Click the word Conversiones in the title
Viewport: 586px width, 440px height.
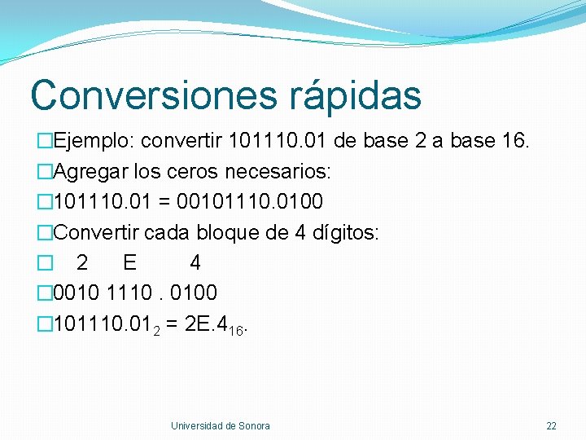point(154,95)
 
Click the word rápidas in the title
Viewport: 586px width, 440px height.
point(355,95)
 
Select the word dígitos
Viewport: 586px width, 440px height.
point(342,232)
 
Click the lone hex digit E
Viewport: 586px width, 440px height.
point(129,262)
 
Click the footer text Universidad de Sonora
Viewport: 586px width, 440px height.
point(220,425)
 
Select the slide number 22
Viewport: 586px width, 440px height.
point(551,425)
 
